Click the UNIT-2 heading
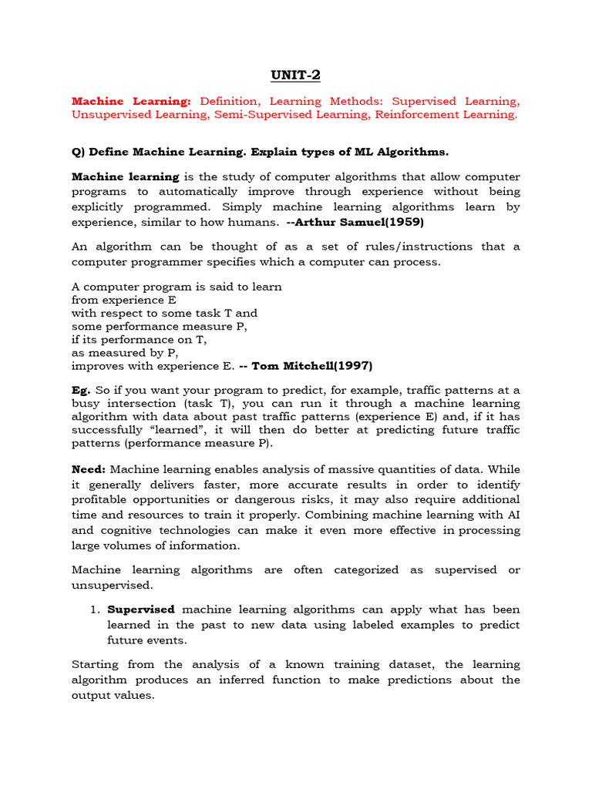[295, 75]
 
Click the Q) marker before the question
[79, 151]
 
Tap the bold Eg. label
[81, 390]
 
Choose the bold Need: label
[89, 469]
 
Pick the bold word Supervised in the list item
[141, 609]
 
